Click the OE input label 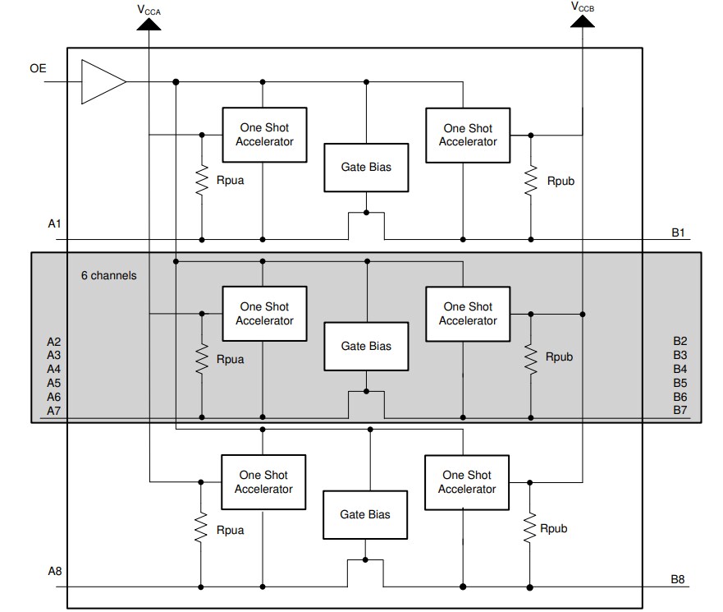pyautogui.click(x=38, y=68)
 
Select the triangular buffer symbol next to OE pyautogui.click(x=102, y=82)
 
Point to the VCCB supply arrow pyautogui.click(x=582, y=21)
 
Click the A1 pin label pyautogui.click(x=54, y=223)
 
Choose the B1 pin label pyautogui.click(x=678, y=232)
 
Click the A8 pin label pyautogui.click(x=54, y=571)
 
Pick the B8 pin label pyautogui.click(x=678, y=580)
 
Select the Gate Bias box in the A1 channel pyautogui.click(x=366, y=168)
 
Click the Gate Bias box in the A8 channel pyautogui.click(x=365, y=515)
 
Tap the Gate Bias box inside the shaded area pyautogui.click(x=366, y=347)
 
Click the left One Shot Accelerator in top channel pyautogui.click(x=264, y=135)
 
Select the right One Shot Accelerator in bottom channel pyautogui.click(x=467, y=482)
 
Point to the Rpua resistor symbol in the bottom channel pyautogui.click(x=200, y=529)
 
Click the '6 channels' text pyautogui.click(x=108, y=275)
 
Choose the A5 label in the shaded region pyautogui.click(x=54, y=383)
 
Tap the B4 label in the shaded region pyautogui.click(x=680, y=369)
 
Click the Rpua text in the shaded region pyautogui.click(x=230, y=359)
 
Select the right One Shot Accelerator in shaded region pyautogui.click(x=468, y=314)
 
